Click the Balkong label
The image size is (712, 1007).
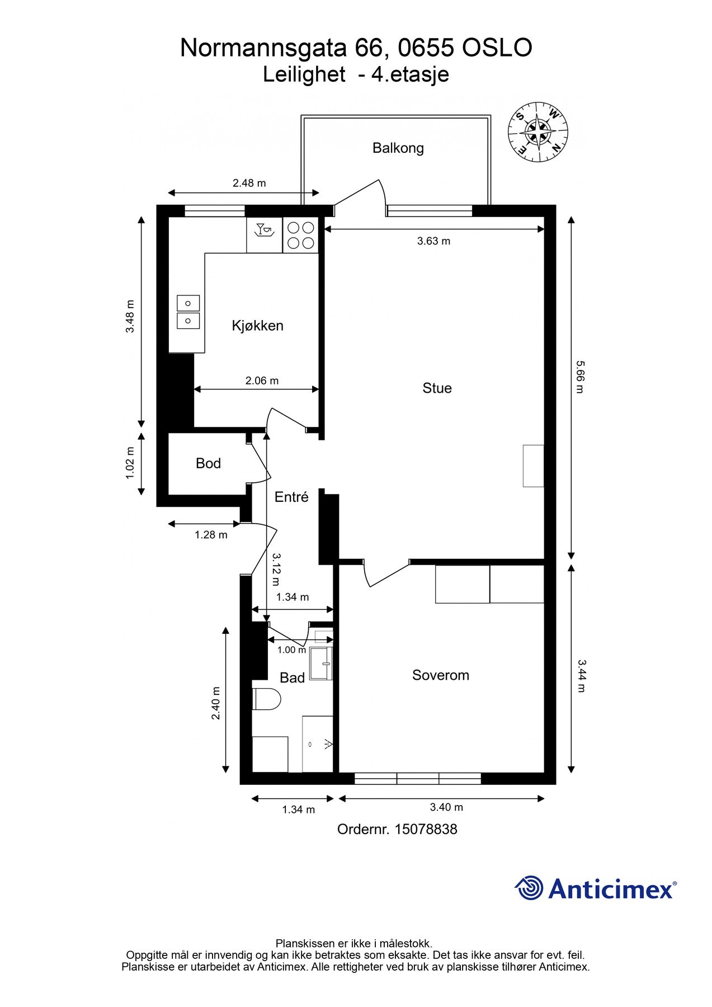click(398, 148)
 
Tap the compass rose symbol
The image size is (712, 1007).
click(537, 132)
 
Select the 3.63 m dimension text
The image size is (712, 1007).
click(433, 241)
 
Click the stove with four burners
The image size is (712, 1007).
click(300, 236)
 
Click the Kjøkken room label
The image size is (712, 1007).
click(257, 326)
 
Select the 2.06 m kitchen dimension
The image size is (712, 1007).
click(262, 380)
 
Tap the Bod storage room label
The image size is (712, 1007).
click(208, 463)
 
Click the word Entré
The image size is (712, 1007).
click(291, 497)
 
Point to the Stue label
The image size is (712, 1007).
click(437, 388)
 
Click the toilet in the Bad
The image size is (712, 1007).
click(266, 699)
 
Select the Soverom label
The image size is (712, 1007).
click(440, 675)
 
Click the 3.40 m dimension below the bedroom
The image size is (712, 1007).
click(446, 807)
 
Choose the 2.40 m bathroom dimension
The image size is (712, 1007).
click(216, 703)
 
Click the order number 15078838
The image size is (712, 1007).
click(426, 829)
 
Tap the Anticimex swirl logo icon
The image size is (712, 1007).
click(529, 888)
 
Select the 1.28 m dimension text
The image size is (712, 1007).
click(211, 535)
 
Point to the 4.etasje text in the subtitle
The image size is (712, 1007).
click(411, 74)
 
